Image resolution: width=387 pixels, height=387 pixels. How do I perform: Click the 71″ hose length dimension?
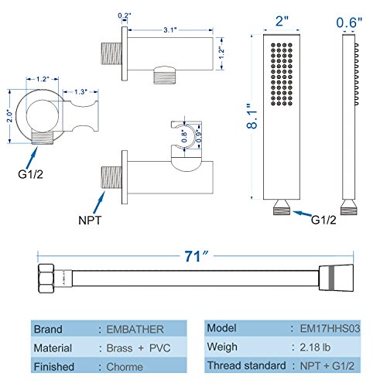[x=196, y=256]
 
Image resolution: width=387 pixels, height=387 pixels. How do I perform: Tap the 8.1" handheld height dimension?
[x=252, y=116]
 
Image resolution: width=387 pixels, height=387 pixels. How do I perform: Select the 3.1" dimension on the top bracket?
[x=170, y=30]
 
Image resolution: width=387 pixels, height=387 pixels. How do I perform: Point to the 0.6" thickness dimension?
[x=349, y=22]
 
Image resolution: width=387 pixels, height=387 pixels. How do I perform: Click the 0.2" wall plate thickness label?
[x=125, y=15]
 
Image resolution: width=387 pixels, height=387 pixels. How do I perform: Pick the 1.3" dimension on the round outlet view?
[x=80, y=92]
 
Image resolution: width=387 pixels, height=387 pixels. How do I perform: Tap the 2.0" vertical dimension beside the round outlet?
[x=9, y=116]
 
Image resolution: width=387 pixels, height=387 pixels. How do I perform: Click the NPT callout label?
[x=90, y=221]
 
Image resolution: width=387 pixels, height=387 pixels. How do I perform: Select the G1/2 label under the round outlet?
[x=30, y=174]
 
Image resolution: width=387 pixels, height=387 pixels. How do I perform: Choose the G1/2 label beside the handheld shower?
[x=324, y=220]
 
